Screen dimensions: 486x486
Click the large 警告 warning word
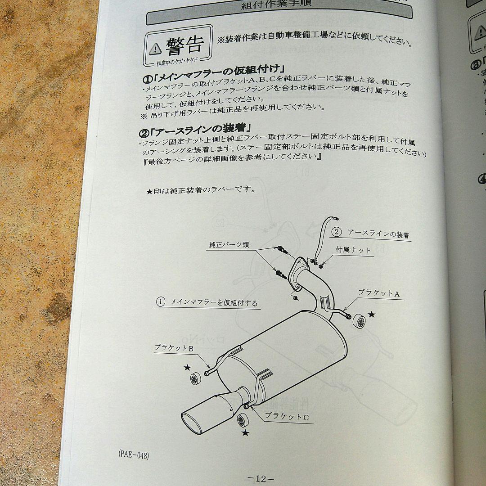click(184, 46)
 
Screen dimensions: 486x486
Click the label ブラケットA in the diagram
click(378, 293)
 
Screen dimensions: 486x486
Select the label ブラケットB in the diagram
click(174, 347)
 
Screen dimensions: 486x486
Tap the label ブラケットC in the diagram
click(287, 417)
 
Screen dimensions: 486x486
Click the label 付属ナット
click(353, 250)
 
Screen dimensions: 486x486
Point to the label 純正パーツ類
click(229, 245)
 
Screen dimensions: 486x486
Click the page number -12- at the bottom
click(261, 478)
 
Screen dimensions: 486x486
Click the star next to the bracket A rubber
click(372, 315)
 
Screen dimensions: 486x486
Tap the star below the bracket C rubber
click(245, 433)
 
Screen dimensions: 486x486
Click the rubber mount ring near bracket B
click(194, 378)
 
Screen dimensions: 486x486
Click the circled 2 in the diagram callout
click(336, 232)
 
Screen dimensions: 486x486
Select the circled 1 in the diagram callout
click(160, 301)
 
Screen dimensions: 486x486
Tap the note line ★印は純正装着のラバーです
click(201, 190)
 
